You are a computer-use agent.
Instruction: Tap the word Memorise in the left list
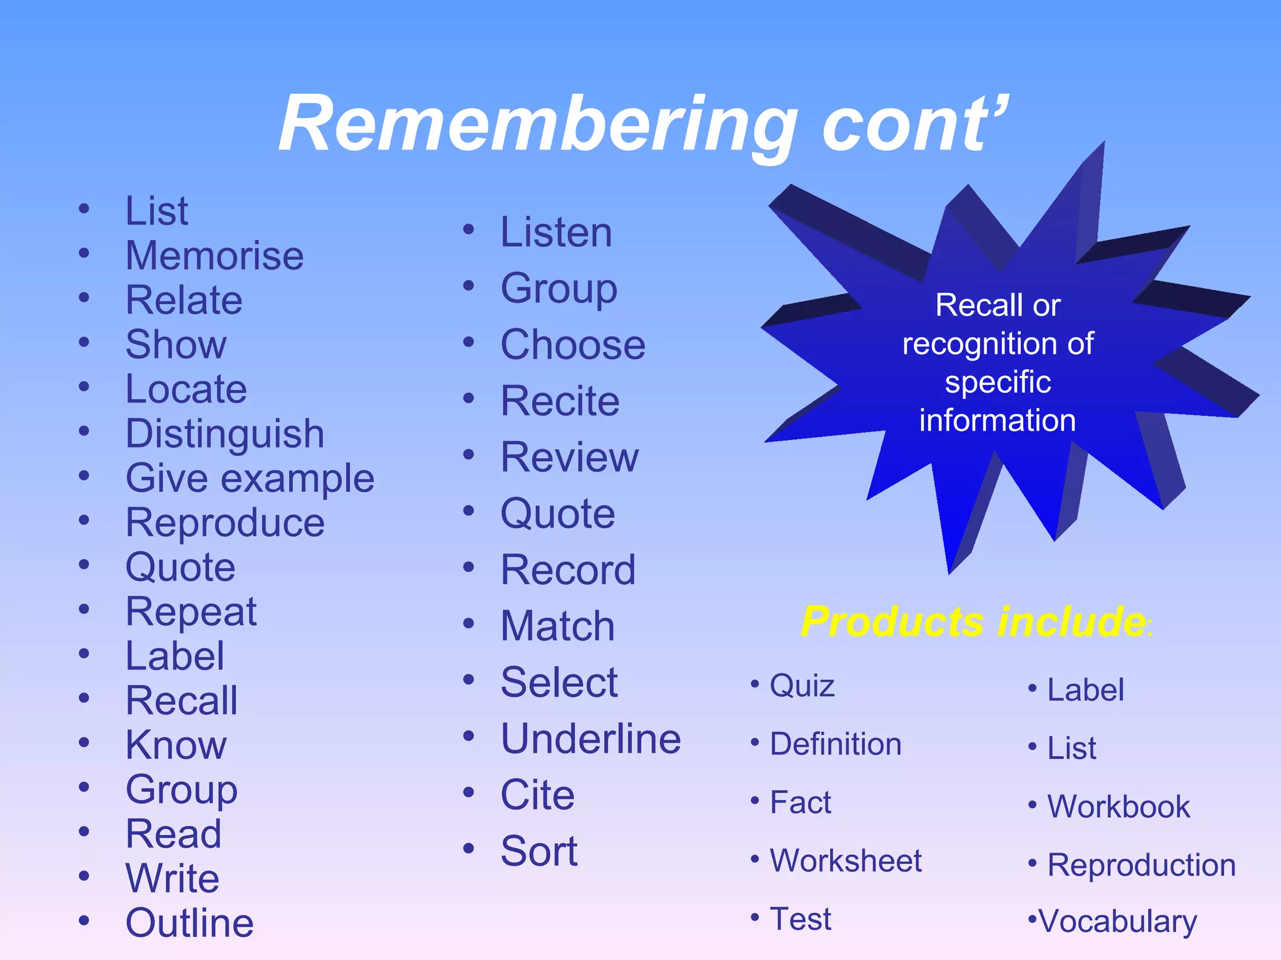tap(215, 256)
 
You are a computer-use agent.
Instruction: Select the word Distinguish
tap(225, 433)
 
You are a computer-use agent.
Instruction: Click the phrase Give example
tap(250, 478)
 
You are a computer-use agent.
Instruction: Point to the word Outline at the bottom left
tap(190, 922)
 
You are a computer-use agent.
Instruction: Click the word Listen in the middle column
tap(556, 232)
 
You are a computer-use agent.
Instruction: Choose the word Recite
tap(560, 401)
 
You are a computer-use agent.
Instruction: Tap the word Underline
tap(590, 739)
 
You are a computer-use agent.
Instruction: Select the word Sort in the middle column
tap(539, 851)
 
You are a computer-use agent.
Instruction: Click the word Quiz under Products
tap(802, 686)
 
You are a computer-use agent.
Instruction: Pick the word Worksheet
tap(846, 861)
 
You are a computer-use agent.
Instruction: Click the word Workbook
tap(1118, 806)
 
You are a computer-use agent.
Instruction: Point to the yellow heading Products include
tap(973, 621)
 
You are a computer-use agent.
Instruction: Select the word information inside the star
tap(997, 420)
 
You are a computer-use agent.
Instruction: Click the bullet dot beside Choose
tap(469, 342)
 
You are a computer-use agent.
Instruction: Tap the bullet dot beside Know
tap(84, 742)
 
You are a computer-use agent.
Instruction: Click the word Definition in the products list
tap(836, 744)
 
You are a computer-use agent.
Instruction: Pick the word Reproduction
tap(1141, 865)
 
